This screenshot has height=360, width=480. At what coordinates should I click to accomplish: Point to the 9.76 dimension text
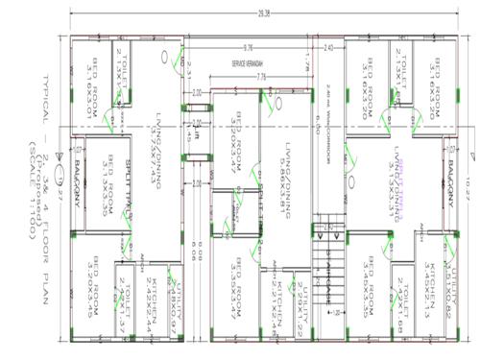click(248, 47)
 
